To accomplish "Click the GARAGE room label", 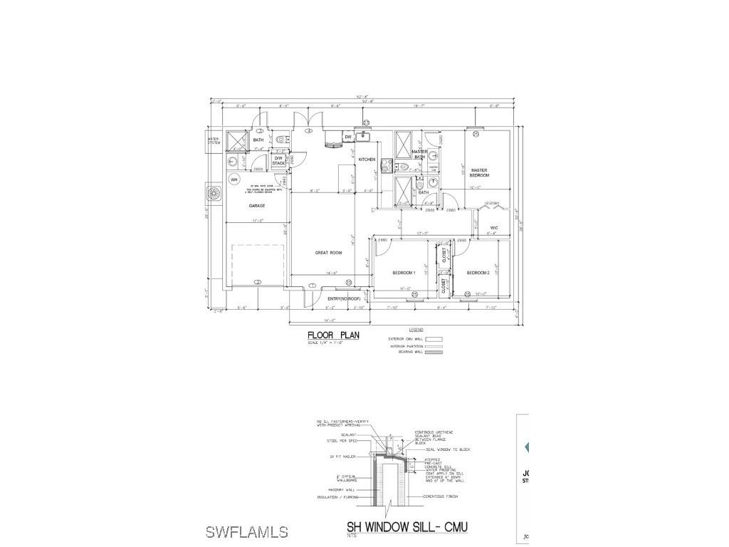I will pos(257,206).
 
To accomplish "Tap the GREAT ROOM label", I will pos(328,253).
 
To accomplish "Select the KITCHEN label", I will pos(367,160).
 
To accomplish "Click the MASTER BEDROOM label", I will pos(478,172).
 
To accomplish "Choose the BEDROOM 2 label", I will pos(478,273).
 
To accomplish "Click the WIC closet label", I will pos(493,228).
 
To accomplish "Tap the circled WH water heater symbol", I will pos(234,179).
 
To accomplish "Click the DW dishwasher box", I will pos(348,137).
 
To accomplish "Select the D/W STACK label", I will pos(278,161).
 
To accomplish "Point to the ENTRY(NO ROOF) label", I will pos(345,298).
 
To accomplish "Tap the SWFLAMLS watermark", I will pos(246,532).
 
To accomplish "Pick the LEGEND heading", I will pos(416,330).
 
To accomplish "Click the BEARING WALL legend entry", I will pos(406,352).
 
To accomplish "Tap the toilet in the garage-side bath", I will pos(280,140).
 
